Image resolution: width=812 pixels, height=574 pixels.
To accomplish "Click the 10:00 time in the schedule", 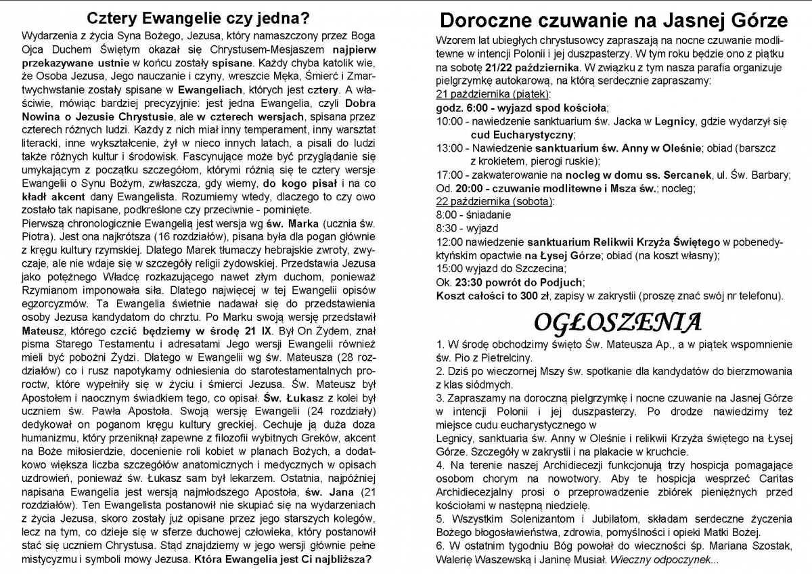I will (x=449, y=121).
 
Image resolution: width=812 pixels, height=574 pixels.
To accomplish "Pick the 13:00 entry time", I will (x=449, y=148).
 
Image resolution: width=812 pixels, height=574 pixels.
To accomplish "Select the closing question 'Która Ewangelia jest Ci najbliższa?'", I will (x=282, y=560).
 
